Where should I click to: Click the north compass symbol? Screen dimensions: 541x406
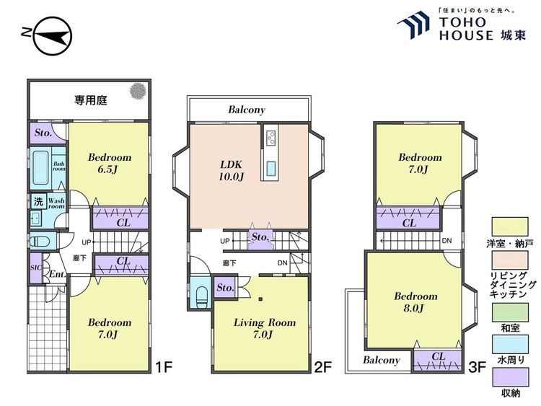pos(53,36)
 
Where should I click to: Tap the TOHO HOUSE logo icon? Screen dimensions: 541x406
pos(413,24)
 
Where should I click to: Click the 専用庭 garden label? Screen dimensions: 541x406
pos(91,100)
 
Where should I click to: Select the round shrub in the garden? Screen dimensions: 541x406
pos(138,91)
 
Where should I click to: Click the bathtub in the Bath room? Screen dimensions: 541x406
pos(40,168)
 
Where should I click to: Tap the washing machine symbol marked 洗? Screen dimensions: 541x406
pos(38,201)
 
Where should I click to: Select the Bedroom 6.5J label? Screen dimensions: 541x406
pos(110,163)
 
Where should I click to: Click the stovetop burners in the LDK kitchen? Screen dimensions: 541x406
pos(270,137)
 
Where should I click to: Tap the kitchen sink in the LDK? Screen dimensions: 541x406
pos(270,168)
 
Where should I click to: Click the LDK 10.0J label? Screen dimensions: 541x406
pos(232,170)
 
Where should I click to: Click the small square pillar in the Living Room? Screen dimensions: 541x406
pos(261,299)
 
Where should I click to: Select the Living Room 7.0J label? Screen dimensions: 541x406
pos(264,328)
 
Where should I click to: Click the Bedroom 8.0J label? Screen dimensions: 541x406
pos(415,301)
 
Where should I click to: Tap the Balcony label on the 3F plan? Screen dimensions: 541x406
pos(382,360)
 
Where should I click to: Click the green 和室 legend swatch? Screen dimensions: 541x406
pos(510,312)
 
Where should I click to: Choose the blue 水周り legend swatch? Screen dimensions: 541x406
pos(510,344)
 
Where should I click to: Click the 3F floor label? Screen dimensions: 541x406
pos(478,367)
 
